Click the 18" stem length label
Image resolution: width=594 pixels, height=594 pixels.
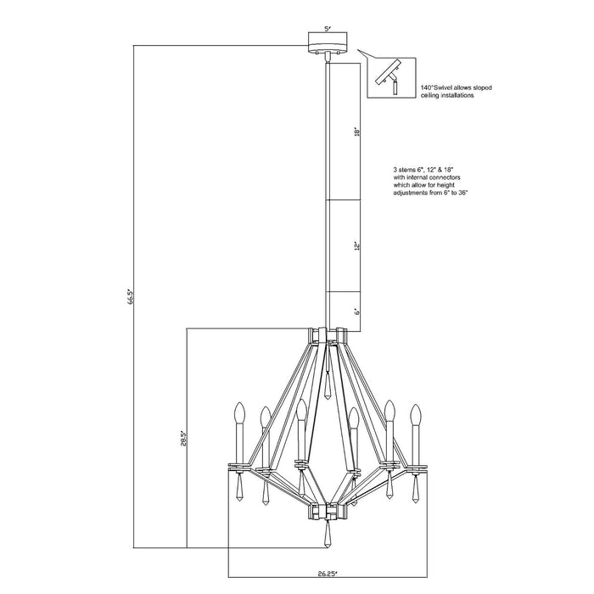click(x=358, y=132)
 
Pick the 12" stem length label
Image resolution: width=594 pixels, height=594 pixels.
click(x=358, y=245)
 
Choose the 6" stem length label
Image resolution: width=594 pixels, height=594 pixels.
click(x=358, y=311)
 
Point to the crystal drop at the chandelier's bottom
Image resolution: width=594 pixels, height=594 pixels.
click(x=328, y=537)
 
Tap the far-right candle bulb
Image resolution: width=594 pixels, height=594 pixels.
click(x=417, y=415)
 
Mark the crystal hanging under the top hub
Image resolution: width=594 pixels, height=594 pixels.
click(x=328, y=386)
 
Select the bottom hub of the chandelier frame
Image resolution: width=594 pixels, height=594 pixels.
click(x=328, y=511)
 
